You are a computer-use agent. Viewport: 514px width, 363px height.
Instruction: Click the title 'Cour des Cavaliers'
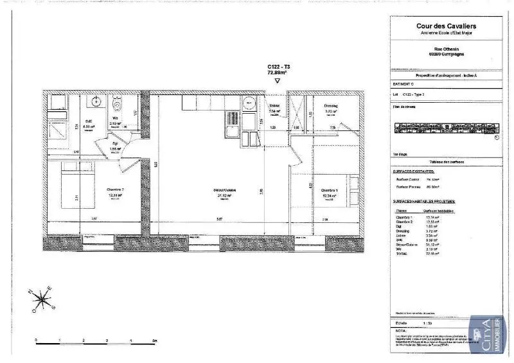(447, 26)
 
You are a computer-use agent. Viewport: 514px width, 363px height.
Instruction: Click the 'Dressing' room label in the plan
(331, 106)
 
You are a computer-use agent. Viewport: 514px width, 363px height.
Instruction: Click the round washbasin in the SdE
(97, 102)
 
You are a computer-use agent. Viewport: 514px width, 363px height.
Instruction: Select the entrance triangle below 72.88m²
(277, 82)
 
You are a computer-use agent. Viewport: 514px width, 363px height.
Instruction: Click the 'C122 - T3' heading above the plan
(278, 67)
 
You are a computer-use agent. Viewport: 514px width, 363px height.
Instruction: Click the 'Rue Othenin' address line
(447, 46)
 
